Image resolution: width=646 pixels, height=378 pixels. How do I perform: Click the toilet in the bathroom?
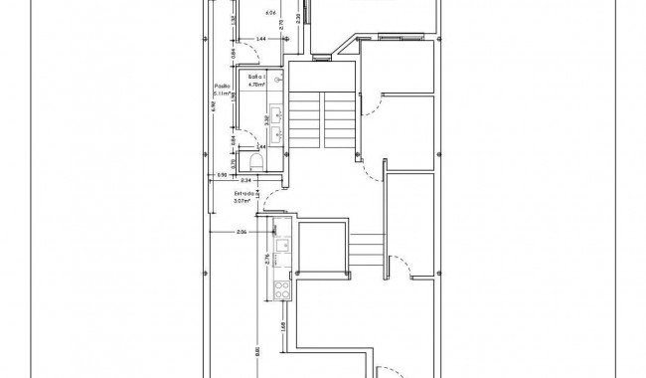click(x=255, y=161)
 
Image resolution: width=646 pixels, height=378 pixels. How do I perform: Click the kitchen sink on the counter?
click(x=283, y=244)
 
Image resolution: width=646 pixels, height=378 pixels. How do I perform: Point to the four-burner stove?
click(x=282, y=290)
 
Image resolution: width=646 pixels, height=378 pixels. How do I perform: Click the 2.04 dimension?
click(x=241, y=232)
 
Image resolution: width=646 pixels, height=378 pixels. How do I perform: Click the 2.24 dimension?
click(x=244, y=180)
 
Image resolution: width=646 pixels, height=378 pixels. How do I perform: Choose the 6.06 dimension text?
click(x=270, y=13)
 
